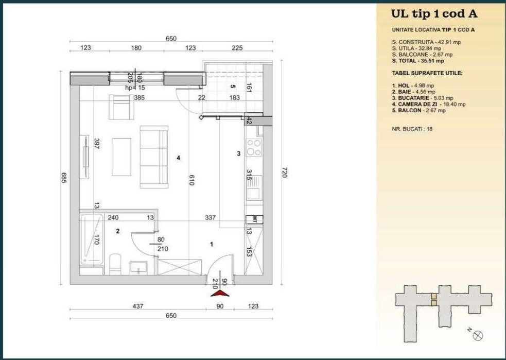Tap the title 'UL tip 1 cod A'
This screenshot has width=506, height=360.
click(x=427, y=14)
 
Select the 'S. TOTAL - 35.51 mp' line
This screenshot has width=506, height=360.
click(x=417, y=60)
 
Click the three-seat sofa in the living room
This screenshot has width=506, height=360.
click(x=153, y=158)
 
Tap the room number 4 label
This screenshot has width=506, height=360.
click(x=178, y=158)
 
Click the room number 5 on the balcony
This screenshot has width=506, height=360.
click(x=233, y=87)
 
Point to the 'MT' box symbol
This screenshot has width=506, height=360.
click(x=253, y=219)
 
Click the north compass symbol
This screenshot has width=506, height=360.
click(x=478, y=335)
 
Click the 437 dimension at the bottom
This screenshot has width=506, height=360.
click(x=138, y=306)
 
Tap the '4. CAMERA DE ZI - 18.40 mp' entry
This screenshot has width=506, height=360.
click(x=428, y=104)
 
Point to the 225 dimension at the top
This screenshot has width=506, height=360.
click(x=237, y=48)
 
